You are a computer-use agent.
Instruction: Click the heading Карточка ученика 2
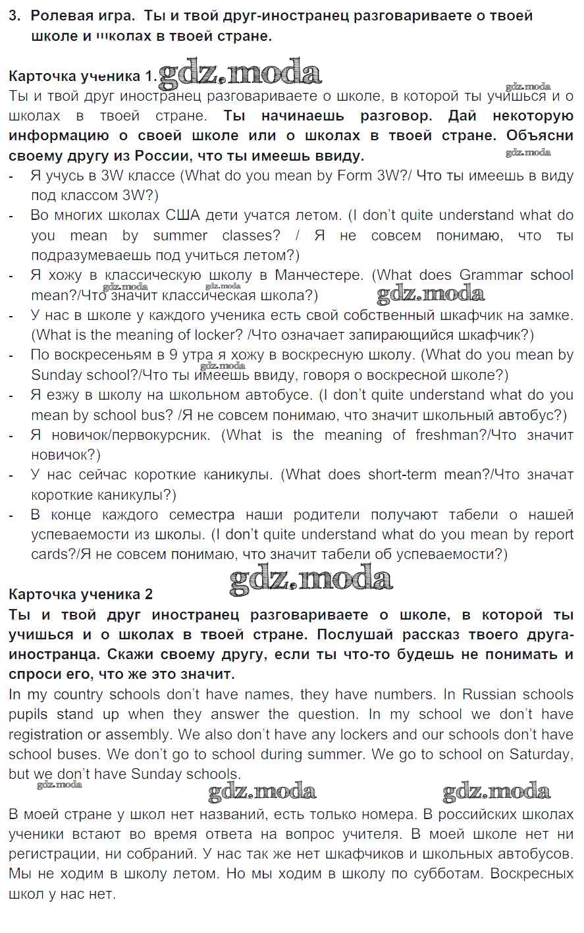tap(80, 594)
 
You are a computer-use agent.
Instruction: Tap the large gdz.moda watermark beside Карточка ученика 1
tap(240, 73)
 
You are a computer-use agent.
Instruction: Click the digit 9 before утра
tap(173, 355)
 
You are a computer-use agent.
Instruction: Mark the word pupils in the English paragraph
tap(28, 714)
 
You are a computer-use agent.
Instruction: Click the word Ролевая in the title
tap(63, 16)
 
